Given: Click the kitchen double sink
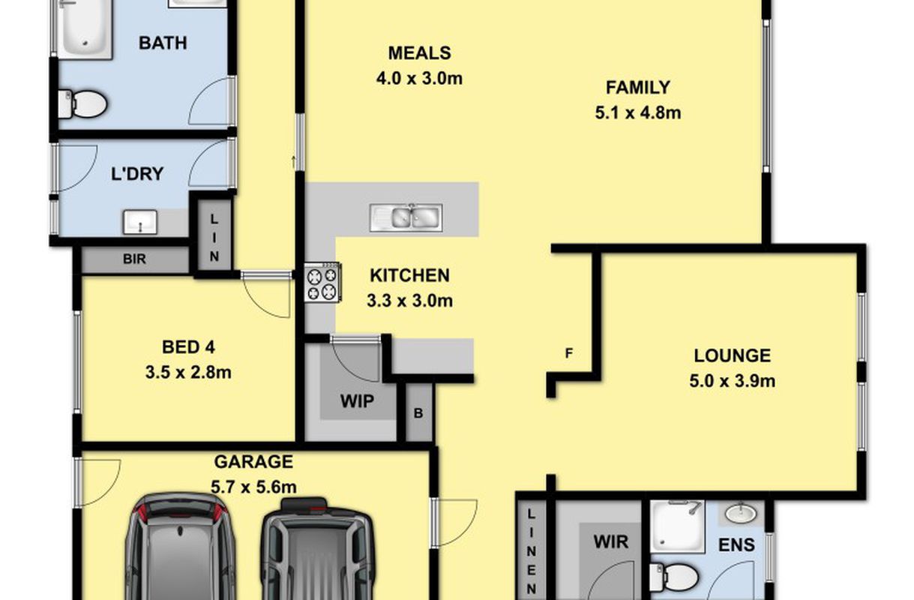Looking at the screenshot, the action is (406, 217).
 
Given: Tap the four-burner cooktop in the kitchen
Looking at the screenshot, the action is (322, 282).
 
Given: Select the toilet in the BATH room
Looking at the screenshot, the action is (82, 104).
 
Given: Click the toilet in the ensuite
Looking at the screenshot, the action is (673, 577).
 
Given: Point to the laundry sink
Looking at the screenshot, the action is (140, 222).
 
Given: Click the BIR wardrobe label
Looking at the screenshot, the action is (134, 259).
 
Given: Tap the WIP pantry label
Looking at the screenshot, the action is (357, 401).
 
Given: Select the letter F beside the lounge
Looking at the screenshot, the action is (569, 353).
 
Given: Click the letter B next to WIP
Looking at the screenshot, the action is (418, 413).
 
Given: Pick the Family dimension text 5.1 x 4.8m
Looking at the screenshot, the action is (638, 112).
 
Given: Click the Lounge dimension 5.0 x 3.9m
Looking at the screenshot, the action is (733, 381).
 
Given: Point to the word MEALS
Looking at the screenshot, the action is (419, 53).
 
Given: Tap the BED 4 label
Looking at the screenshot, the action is (188, 347).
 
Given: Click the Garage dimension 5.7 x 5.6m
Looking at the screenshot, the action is (253, 487).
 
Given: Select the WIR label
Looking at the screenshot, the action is (611, 542).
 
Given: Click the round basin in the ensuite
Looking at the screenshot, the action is (741, 514).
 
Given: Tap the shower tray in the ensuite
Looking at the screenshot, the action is (678, 526).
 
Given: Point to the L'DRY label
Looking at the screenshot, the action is (137, 174).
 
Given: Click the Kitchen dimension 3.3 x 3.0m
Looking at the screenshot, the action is (409, 301).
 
